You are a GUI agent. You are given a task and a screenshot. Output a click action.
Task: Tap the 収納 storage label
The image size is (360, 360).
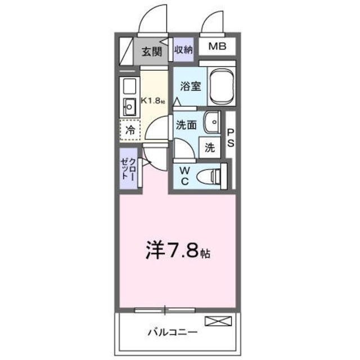point(183,49)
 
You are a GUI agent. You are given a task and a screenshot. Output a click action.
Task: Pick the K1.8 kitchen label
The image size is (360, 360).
point(153,101)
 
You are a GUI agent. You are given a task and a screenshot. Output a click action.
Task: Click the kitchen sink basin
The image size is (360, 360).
point(129,105)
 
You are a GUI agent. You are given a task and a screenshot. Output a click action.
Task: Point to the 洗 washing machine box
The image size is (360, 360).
point(209,148)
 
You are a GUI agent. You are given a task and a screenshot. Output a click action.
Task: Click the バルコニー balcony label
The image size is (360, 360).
point(172,332)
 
